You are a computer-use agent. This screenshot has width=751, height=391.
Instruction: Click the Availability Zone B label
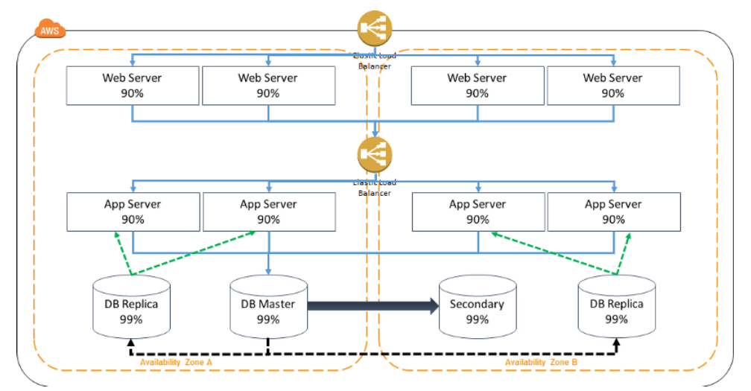[542, 363]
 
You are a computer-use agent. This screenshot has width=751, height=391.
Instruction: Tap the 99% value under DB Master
[268, 320]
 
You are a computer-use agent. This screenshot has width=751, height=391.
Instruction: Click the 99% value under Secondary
[477, 320]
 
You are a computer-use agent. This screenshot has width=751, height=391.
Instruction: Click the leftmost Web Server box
[133, 85]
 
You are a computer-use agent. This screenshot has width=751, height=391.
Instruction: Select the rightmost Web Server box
[612, 85]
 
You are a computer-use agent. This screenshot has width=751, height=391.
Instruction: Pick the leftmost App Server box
[133, 212]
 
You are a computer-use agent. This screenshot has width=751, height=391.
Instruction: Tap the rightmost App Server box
[612, 212]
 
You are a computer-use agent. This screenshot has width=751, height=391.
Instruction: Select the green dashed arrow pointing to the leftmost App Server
[123, 253]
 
